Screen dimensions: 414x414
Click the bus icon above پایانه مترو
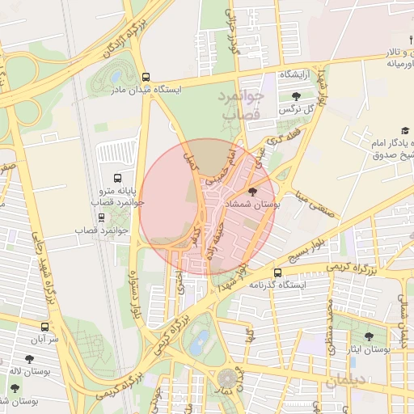coord(118,178)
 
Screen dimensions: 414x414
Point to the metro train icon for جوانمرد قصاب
coord(101,217)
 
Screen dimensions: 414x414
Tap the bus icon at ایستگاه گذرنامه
coord(277,272)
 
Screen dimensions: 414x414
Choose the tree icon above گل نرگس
coord(285,96)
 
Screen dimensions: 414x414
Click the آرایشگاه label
coord(297,74)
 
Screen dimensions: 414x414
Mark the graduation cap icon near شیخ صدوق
coord(403,131)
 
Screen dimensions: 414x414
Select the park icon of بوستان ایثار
coord(369,336)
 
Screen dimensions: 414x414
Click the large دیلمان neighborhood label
coord(347,379)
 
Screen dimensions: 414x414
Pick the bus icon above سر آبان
coord(44,328)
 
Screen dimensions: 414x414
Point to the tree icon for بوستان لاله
coord(29,359)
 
